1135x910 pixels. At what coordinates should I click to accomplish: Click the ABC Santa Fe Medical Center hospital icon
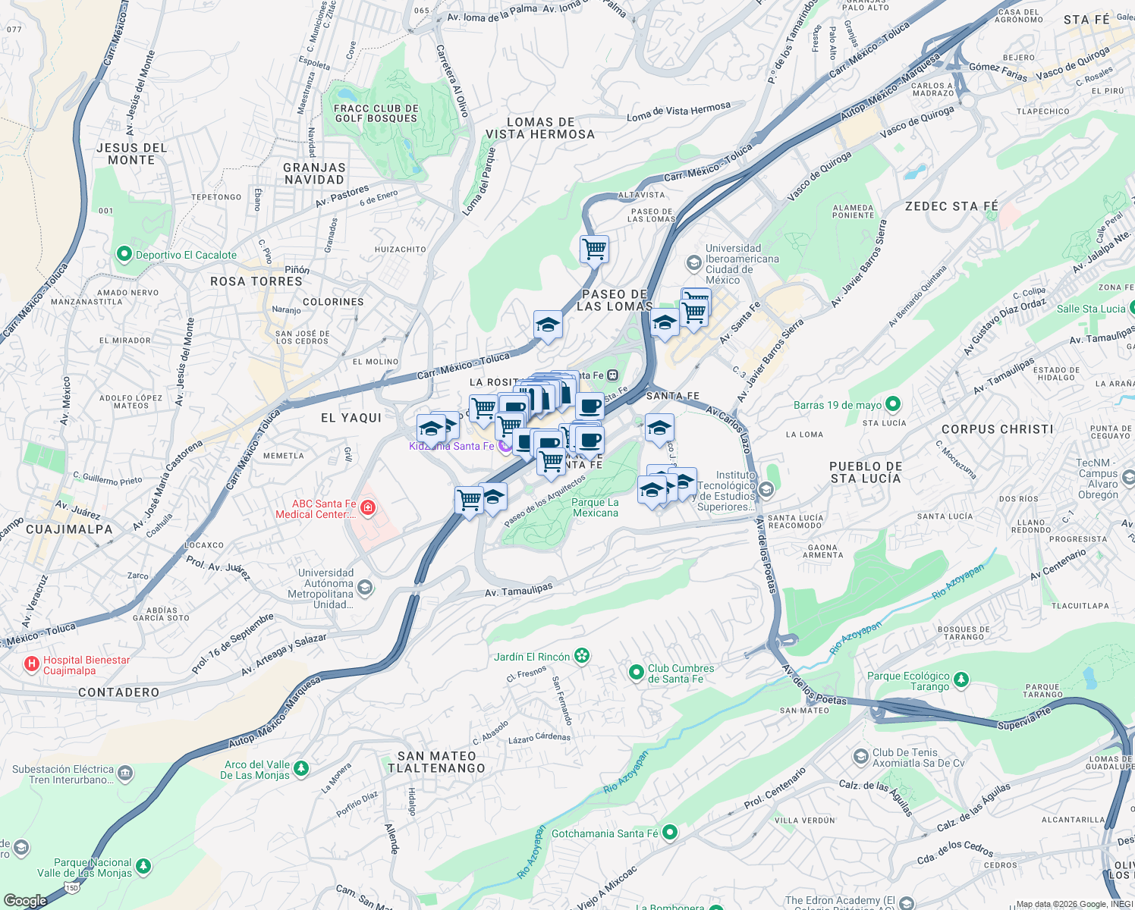pyautogui.click(x=368, y=507)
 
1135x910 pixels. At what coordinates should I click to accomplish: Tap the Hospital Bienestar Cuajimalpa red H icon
pyautogui.click(x=32, y=665)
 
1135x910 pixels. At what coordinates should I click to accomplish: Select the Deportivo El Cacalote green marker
pyautogui.click(x=124, y=255)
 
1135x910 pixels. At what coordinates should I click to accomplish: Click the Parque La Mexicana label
pyautogui.click(x=595, y=507)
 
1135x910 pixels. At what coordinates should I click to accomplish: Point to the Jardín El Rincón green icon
pyautogui.click(x=582, y=656)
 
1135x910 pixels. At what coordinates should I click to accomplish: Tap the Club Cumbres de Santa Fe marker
pyautogui.click(x=637, y=672)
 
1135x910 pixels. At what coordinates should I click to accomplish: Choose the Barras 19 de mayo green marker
pyautogui.click(x=893, y=404)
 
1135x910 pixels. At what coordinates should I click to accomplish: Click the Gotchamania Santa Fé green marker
pyautogui.click(x=669, y=833)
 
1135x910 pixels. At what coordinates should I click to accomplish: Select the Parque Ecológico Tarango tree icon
pyautogui.click(x=961, y=679)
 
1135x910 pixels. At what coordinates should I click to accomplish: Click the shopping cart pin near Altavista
pyautogui.click(x=594, y=249)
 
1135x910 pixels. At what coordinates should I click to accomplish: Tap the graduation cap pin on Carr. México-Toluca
pyautogui.click(x=547, y=325)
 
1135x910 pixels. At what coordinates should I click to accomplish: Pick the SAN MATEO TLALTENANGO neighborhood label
pyautogui.click(x=436, y=762)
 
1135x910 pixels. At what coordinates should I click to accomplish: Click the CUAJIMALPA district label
pyautogui.click(x=69, y=529)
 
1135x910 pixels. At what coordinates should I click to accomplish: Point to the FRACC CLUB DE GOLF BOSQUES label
pyautogui.click(x=376, y=113)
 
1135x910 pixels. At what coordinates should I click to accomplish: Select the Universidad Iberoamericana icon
pyautogui.click(x=693, y=263)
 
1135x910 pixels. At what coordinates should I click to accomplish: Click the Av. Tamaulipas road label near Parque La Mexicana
pyautogui.click(x=519, y=589)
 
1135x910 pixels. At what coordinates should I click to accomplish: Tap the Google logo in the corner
pyautogui.click(x=25, y=900)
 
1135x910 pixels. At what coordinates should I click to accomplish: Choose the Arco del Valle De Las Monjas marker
pyautogui.click(x=301, y=769)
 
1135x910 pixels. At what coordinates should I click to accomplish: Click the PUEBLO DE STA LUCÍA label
pyautogui.click(x=866, y=472)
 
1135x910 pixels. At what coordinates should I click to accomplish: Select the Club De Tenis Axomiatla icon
pyautogui.click(x=860, y=757)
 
